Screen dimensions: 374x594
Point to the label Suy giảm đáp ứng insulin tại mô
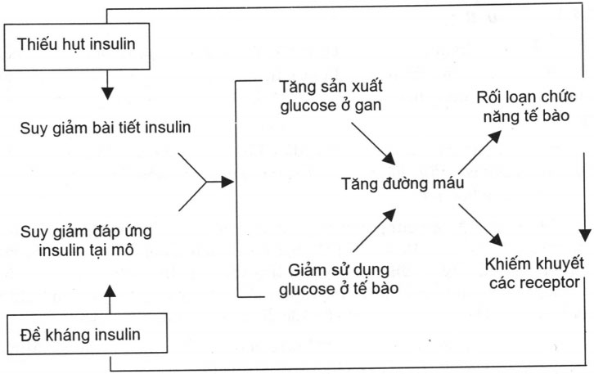pos(97,237)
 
